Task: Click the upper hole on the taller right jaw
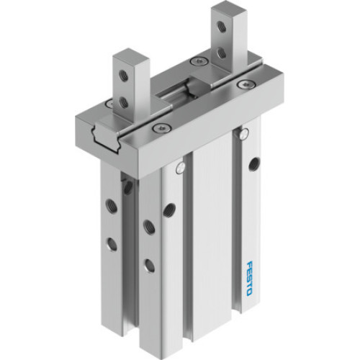pyautogui.click(x=222, y=28)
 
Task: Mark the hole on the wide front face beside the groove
pyautogui.click(x=169, y=210)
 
